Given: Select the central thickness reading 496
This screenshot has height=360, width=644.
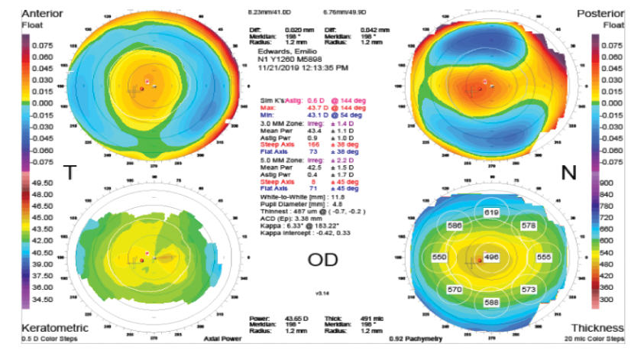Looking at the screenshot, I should [491, 258].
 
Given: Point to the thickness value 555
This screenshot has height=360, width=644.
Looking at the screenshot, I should [543, 258].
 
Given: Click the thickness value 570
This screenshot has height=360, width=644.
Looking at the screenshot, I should [455, 290].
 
